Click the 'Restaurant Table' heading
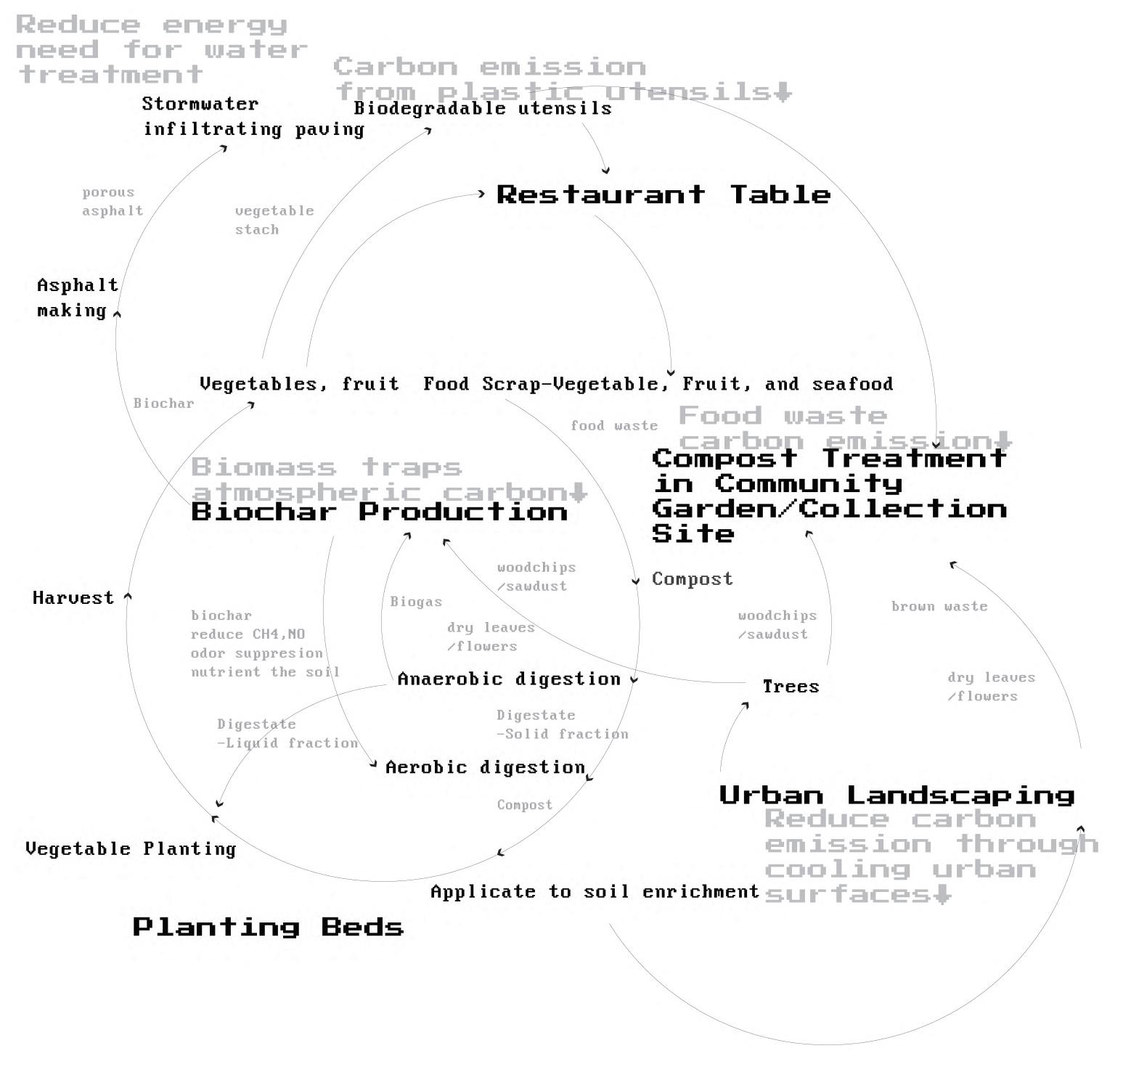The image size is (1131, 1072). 664,195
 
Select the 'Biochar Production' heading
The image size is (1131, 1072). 379,512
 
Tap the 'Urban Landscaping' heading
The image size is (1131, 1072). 897,795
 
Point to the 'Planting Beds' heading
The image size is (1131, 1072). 268,927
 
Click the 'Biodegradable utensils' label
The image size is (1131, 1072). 483,108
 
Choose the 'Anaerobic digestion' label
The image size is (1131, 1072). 509,679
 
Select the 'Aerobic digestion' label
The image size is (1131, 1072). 485,767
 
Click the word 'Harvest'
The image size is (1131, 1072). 73,598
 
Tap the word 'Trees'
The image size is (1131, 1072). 791,687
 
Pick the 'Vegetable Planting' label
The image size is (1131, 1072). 131,848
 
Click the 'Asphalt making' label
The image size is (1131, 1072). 77,298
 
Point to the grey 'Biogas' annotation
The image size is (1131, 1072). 416,602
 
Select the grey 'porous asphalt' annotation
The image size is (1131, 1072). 112,202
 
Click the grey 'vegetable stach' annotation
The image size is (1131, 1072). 274,220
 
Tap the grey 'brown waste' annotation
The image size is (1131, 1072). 939,606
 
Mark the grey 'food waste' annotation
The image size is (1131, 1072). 614,425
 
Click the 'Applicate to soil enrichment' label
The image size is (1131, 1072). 595,891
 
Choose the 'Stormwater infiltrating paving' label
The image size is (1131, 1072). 253,116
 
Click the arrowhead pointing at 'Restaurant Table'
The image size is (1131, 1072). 481,194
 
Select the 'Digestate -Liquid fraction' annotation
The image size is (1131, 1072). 287,733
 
